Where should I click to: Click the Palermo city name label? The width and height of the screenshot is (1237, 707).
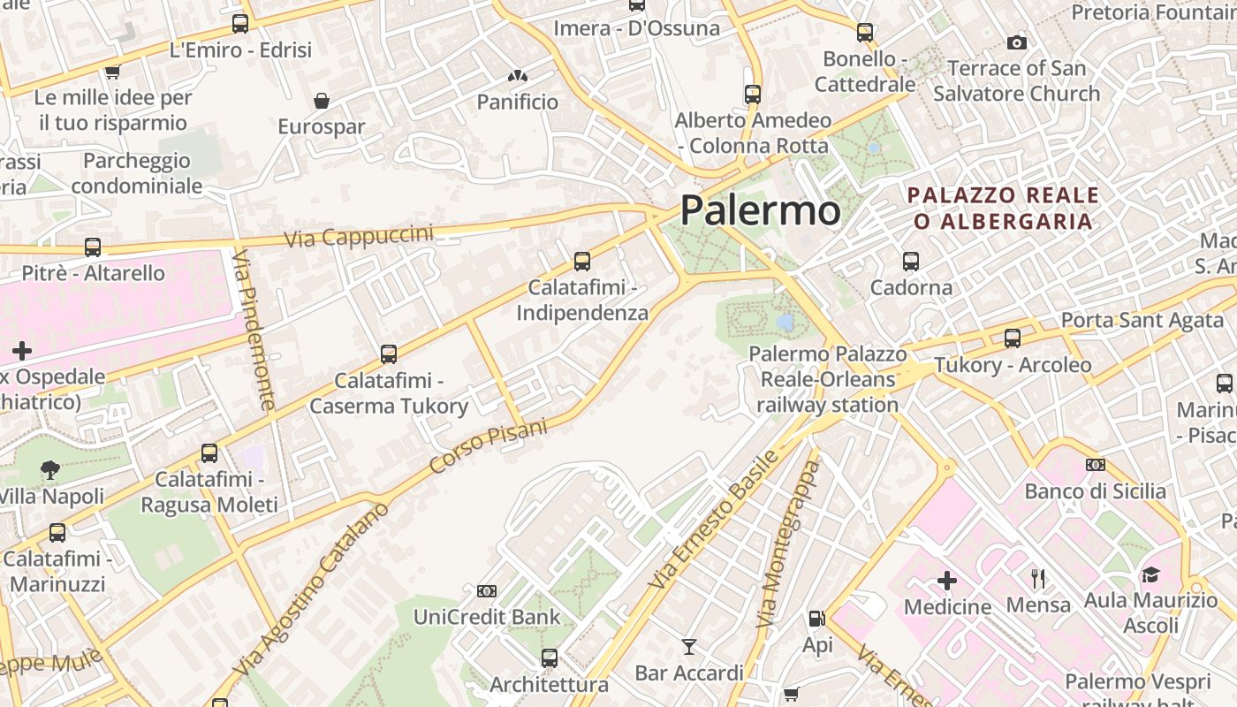coord(760,210)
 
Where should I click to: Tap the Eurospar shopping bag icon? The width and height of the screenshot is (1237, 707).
coord(322,101)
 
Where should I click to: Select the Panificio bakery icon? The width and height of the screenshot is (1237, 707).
coord(517,77)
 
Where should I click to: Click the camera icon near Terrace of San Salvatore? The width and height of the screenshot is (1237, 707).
coord(1017,42)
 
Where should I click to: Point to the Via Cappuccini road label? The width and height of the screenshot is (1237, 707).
coord(359,236)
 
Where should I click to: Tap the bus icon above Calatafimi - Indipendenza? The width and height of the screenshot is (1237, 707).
coord(581,262)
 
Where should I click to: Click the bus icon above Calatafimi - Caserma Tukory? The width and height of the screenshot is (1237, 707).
coord(388,354)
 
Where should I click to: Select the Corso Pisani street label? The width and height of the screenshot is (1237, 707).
coord(488,445)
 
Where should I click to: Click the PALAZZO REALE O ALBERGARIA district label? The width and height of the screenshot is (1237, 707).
coord(1004,208)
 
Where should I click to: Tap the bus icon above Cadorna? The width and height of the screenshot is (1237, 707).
coord(911,262)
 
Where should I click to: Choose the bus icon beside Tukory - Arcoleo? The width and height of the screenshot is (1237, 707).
coord(1013,338)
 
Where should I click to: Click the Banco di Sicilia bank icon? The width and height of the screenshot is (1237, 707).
coord(1096,465)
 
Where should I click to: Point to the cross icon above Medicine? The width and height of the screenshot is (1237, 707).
coord(947,581)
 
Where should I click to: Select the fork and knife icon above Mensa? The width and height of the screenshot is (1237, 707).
coord(1038,579)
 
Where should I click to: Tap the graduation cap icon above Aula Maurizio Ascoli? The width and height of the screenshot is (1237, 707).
coord(1150,575)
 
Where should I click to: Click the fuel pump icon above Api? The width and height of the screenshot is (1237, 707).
coord(817,620)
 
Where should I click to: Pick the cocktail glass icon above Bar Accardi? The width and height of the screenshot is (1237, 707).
coord(689,647)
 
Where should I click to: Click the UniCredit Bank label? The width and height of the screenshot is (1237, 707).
coord(487,617)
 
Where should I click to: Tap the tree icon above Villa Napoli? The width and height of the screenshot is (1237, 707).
coord(50,470)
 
